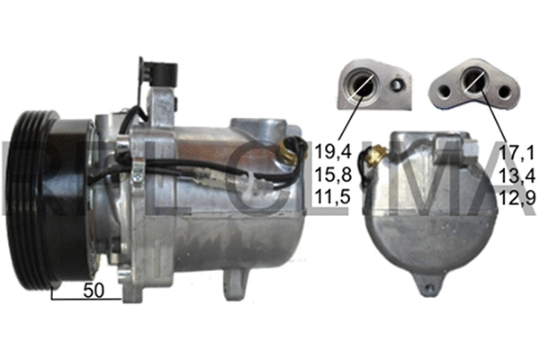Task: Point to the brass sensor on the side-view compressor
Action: click(291, 150)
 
